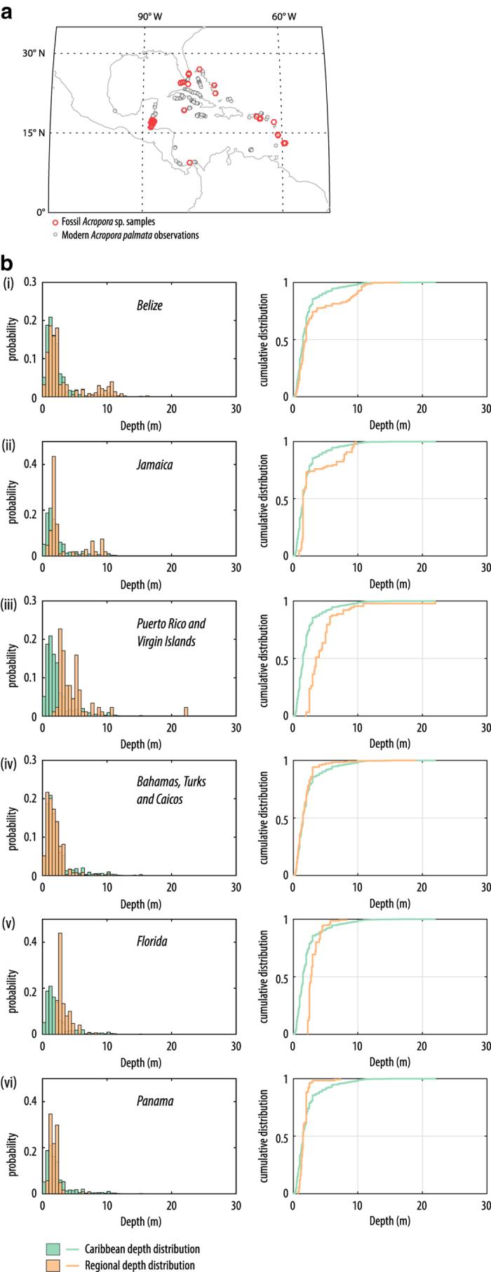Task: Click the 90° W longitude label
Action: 149,16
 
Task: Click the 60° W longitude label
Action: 283,16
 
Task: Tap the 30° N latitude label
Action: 35,53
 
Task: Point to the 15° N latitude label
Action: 35,133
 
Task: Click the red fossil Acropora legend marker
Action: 55,222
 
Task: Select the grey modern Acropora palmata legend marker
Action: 55,235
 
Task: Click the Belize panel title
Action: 149,306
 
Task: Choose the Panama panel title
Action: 154,1101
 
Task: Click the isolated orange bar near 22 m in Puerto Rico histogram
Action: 186,711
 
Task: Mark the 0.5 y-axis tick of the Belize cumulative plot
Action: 281,339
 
